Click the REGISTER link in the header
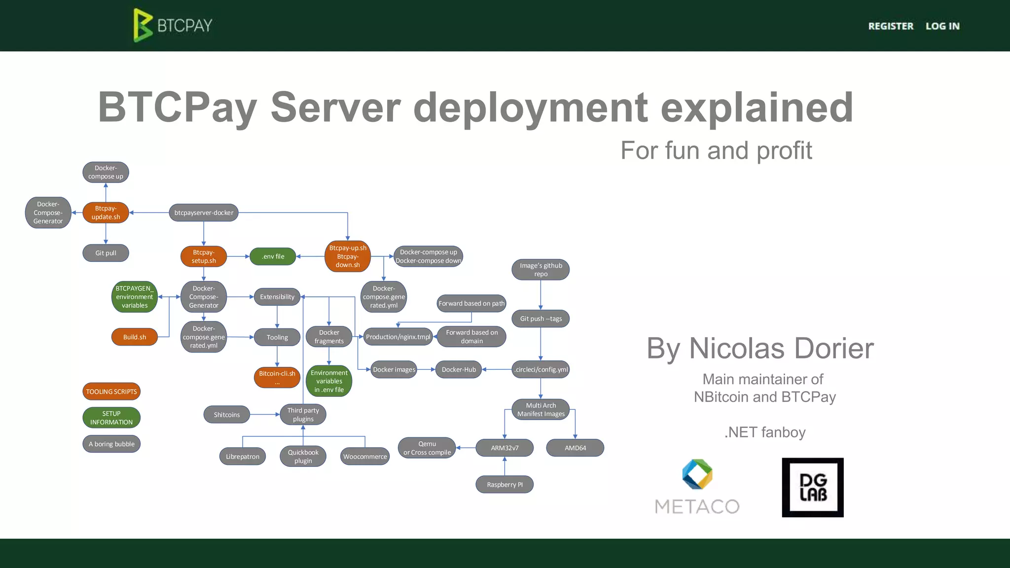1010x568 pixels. [891, 26]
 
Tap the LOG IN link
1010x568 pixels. [942, 26]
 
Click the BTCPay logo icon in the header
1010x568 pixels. [143, 25]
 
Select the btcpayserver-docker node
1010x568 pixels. [204, 213]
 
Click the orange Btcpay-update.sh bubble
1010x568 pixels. [106, 213]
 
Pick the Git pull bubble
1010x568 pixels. [106, 253]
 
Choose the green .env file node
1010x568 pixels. [273, 256]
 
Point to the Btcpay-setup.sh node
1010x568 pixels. [204, 256]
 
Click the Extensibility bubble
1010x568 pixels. [277, 297]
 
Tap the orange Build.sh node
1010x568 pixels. [135, 337]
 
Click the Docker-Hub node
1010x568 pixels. [459, 369]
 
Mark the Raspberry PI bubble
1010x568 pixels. [505, 485]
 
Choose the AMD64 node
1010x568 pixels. [575, 448]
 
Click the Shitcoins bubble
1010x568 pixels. [227, 415]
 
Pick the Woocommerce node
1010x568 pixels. [365, 457]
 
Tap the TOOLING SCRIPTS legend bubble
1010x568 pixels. [111, 391]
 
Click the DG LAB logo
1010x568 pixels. [813, 487]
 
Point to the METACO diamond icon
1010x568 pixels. [697, 474]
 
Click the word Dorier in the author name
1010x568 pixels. [834, 349]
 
